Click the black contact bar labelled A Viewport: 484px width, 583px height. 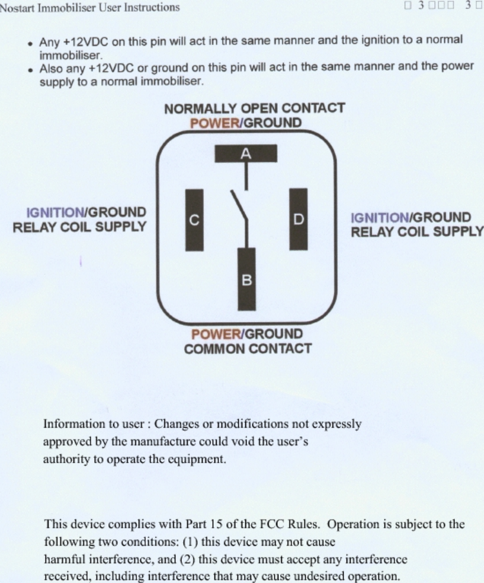click(x=245, y=154)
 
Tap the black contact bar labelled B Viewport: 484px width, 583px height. click(x=246, y=279)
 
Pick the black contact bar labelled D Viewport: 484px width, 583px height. click(x=298, y=219)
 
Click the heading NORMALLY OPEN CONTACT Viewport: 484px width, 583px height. click(x=254, y=109)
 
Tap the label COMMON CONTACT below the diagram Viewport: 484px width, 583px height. click(x=248, y=349)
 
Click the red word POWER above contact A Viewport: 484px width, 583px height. click(x=214, y=123)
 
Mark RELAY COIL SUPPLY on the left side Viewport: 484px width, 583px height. click(x=79, y=227)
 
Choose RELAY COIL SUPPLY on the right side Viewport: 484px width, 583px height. click(x=417, y=232)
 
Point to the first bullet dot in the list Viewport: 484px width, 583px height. click(x=30, y=43)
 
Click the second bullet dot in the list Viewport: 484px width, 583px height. click(x=30, y=69)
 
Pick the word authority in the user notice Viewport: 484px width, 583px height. click(x=63, y=458)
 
